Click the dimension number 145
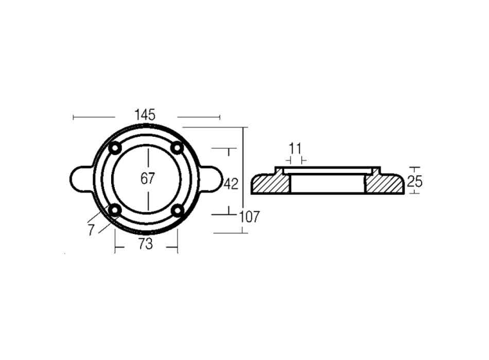tap(145, 115)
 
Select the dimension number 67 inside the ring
tap(148, 178)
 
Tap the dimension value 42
tap(231, 184)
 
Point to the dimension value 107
tap(250, 217)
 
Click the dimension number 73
tap(146, 244)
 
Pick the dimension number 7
tap(91, 230)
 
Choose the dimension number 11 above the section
tap(295, 149)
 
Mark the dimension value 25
tap(415, 182)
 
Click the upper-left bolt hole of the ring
tap(115, 148)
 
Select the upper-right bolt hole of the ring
tap(177, 148)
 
